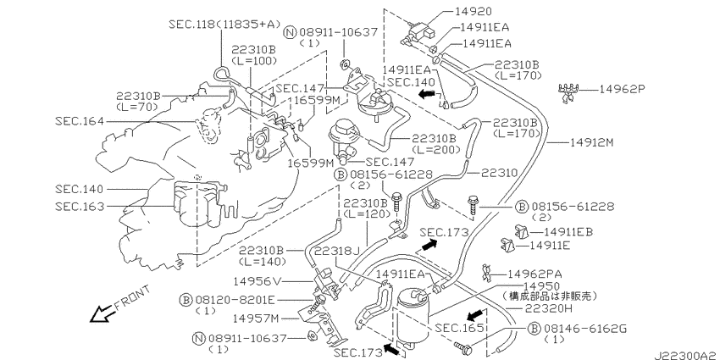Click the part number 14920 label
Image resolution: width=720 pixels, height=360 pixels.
(473, 11)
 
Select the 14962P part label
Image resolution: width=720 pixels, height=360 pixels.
(623, 89)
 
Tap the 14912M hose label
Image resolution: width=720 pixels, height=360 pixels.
(591, 143)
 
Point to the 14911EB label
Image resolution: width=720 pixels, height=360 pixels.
(568, 232)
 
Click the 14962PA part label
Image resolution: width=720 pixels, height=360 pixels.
(535, 274)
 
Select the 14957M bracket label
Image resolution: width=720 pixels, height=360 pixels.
(255, 318)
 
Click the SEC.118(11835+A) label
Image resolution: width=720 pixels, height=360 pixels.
(224, 24)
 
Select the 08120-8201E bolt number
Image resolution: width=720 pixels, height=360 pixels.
(235, 301)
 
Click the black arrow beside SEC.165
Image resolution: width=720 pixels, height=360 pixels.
(475, 315)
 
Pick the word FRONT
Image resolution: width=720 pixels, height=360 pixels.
(132, 298)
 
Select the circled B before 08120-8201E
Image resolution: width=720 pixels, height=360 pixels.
(185, 301)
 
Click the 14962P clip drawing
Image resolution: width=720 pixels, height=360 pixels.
(568, 91)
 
